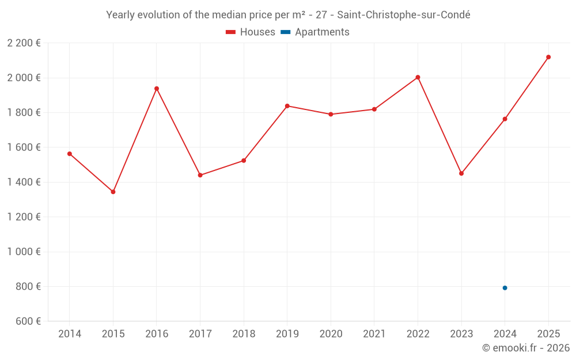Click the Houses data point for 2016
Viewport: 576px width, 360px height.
(157, 89)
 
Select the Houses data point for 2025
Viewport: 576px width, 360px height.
(548, 57)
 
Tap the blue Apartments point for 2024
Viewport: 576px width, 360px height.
(505, 288)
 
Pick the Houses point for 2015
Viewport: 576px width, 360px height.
(113, 192)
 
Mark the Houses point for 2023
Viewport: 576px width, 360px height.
(461, 173)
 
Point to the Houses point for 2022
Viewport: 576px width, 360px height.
(418, 77)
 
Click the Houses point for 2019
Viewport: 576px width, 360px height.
(287, 106)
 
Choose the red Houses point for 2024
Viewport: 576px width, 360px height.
(505, 119)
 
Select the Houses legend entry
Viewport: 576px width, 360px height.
(251, 32)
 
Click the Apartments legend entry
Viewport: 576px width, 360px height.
(316, 32)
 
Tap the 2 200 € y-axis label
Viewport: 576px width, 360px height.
(24, 43)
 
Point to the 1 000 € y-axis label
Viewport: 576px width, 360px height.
(24, 252)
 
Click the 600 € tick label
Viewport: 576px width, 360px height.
(29, 321)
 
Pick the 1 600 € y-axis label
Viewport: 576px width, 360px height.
(24, 147)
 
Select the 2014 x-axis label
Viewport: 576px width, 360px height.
(70, 334)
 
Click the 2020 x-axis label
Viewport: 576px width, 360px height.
(331, 334)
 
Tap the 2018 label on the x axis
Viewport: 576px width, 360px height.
(244, 334)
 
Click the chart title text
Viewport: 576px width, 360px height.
(288, 15)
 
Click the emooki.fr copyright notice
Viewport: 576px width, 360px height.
(525, 348)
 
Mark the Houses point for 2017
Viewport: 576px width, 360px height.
(200, 175)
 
